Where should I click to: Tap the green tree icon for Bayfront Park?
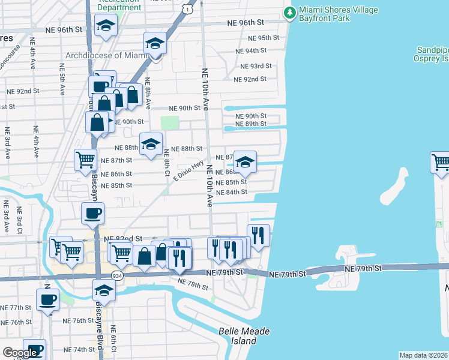coord(291,12)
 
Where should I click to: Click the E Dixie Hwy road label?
coord(188,170)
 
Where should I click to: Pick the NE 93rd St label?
coord(256,66)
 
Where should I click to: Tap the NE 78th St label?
coord(192,281)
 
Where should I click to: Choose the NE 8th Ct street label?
coord(167,164)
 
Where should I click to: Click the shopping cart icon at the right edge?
coord(441,163)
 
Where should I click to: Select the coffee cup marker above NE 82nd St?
coord(92,214)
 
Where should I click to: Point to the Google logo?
coord(19,353)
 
